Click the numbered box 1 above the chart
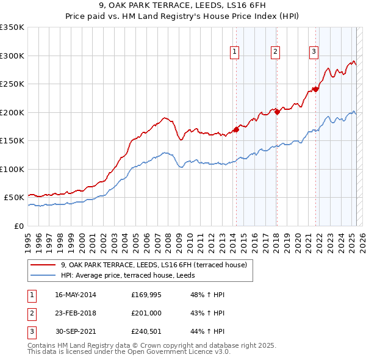click(235, 52)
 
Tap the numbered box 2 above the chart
click(276, 52)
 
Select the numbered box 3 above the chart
click(314, 52)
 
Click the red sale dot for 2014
click(236, 129)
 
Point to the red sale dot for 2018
click(277, 112)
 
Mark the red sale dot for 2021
click(316, 89)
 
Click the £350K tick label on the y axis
click(12, 27)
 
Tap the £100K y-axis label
click(12, 169)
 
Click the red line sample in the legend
click(43, 265)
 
